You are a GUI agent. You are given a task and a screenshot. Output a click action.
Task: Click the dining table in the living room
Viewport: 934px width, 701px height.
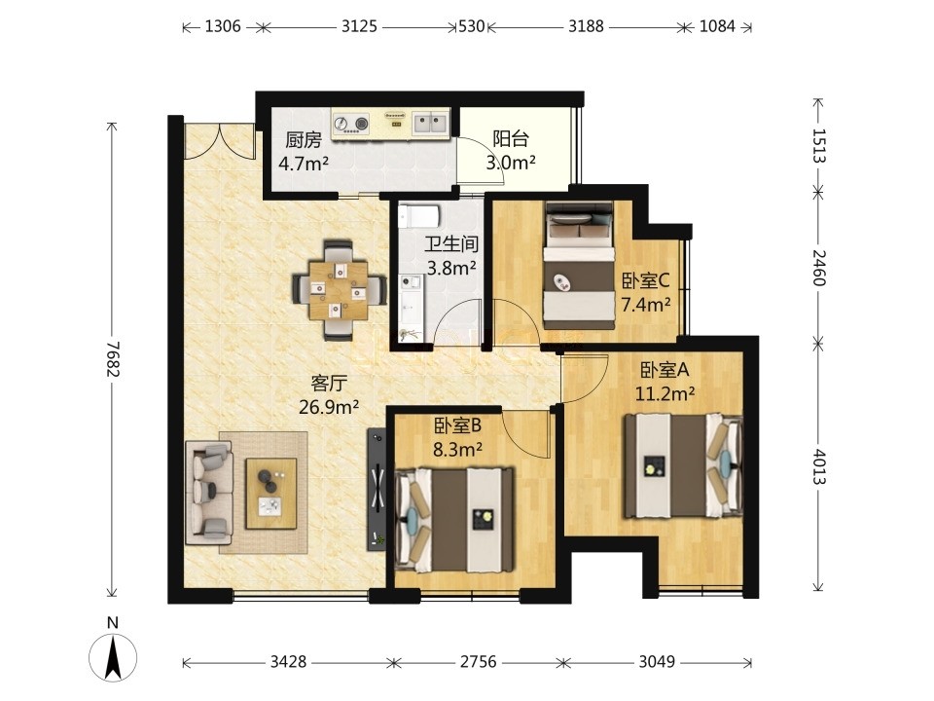tap(339, 290)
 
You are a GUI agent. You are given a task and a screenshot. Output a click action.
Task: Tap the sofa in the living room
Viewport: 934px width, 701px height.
tap(208, 493)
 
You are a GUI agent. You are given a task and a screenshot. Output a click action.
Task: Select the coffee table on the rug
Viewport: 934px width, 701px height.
tap(271, 493)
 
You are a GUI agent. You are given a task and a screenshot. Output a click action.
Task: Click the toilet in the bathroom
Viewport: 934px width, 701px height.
tap(419, 216)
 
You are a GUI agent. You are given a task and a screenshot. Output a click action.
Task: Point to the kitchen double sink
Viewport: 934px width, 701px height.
tap(431, 124)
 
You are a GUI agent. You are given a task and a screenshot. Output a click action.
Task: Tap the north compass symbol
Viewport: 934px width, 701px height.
tap(113, 651)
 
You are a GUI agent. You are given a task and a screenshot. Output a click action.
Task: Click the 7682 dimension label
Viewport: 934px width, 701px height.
tap(113, 359)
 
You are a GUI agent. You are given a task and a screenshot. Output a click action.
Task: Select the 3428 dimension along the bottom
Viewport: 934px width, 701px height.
tap(288, 662)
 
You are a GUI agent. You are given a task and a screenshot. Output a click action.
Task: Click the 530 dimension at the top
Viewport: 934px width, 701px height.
tap(471, 26)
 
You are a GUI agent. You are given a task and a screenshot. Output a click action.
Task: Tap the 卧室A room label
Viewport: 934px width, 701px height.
tap(665, 370)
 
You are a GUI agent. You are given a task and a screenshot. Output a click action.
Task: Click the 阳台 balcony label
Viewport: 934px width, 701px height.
tap(511, 139)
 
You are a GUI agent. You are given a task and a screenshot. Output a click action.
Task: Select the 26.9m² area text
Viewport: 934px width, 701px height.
tap(328, 407)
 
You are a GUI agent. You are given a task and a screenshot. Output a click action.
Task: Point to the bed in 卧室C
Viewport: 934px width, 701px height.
tap(580, 266)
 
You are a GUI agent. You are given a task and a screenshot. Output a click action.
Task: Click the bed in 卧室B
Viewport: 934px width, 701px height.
tap(454, 520)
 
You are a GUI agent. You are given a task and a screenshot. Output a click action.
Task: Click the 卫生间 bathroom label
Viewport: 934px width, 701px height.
tap(451, 243)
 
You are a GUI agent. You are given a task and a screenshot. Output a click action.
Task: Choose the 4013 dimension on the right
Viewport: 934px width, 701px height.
tap(819, 466)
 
